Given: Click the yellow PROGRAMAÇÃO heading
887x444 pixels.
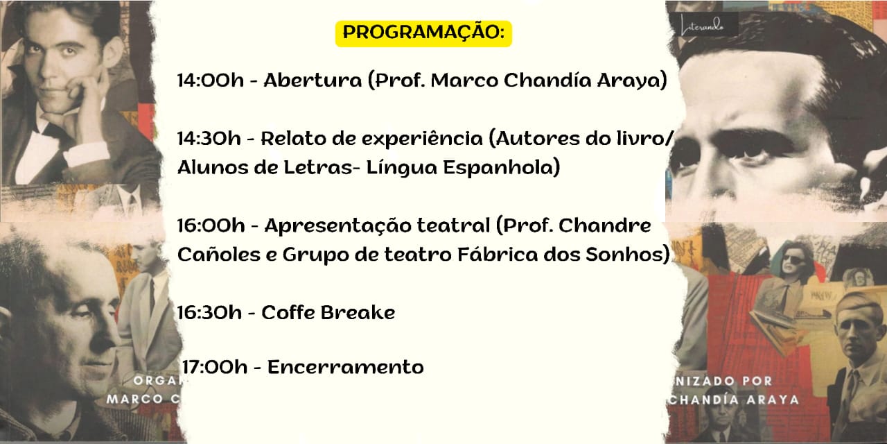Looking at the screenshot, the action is tap(423, 33).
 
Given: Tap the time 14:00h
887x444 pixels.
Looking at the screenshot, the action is tap(210, 80).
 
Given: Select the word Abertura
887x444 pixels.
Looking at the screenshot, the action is tap(313, 80).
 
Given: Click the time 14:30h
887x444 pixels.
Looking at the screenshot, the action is tap(209, 139).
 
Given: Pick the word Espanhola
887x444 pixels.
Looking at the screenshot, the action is tap(501, 168).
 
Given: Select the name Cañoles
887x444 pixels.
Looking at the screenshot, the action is tap(219, 254).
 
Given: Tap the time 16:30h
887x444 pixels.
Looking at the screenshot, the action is tap(209, 313).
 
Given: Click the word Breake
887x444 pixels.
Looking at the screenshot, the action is tap(358, 312).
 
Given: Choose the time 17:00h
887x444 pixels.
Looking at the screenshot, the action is tap(215, 367).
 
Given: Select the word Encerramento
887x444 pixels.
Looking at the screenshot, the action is tap(346, 367).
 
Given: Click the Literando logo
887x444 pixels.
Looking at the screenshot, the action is tap(703, 24).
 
